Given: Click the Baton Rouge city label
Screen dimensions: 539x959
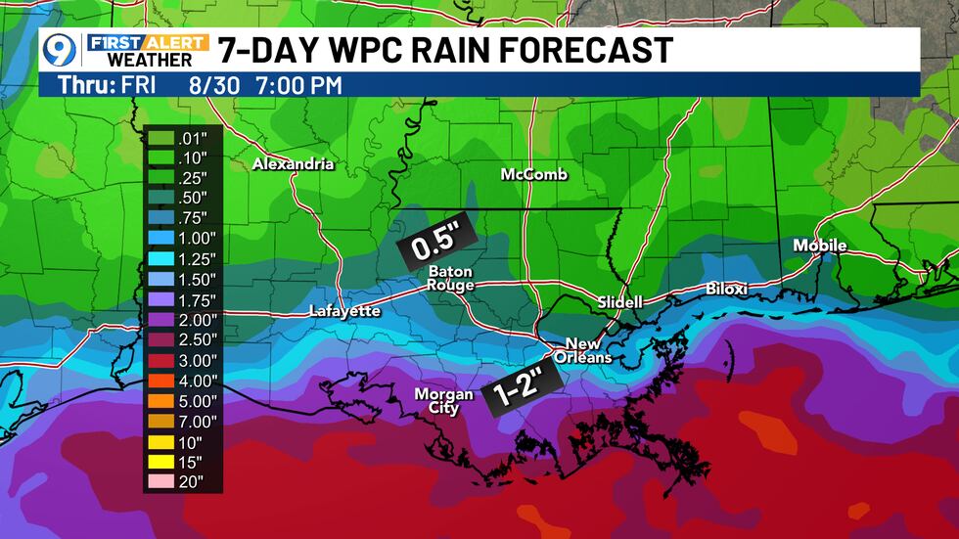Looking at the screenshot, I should pos(450,279).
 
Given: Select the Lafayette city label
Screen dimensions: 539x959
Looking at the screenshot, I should pos(344,311).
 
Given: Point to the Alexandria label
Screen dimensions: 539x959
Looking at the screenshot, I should pos(294,164).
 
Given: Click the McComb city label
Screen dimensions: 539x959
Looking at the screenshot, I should pos(534,174).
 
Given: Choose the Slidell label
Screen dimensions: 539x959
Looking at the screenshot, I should pos(620,303).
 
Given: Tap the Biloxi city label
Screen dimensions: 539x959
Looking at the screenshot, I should pos(727,290).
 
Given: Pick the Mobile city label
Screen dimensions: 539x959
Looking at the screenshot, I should pos(820,246).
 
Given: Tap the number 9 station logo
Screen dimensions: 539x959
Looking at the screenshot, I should pos(62,49).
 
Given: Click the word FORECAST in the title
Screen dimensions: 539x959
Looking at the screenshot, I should pos(585,49).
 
